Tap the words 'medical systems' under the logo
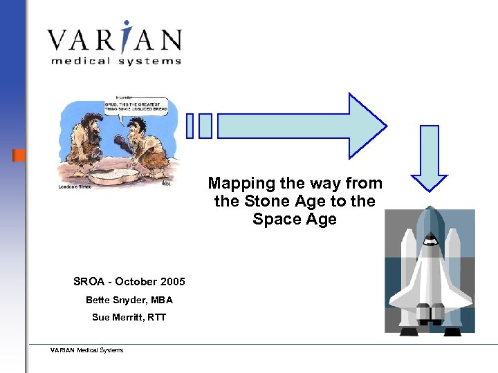116,61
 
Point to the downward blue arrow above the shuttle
430,159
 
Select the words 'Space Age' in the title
295,220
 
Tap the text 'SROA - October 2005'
129,281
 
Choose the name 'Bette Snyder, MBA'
129,300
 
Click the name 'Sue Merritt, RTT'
129,318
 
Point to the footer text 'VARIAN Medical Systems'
87,350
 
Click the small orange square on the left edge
19,155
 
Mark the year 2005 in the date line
172,281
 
